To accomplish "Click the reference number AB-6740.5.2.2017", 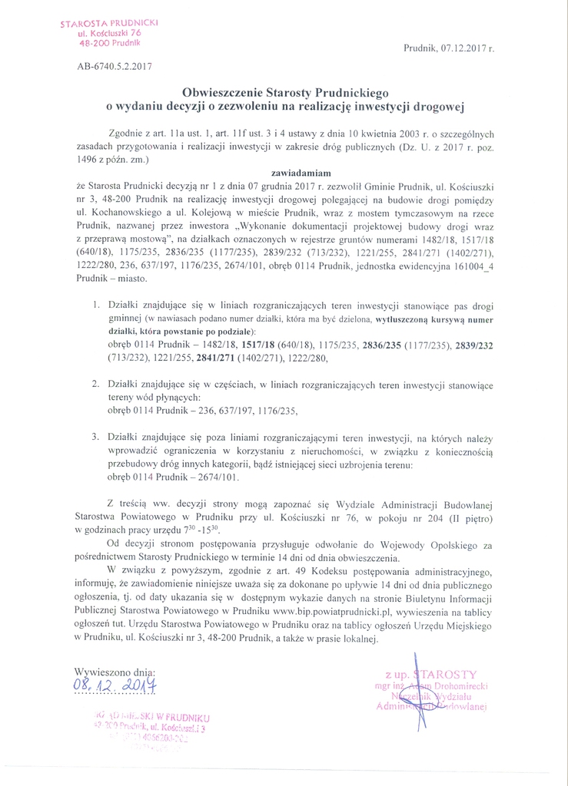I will pyautogui.click(x=115, y=66).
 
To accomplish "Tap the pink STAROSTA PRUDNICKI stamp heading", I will pyautogui.click(x=109, y=23).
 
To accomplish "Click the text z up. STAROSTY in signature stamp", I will pyautogui.click(x=431, y=674).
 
